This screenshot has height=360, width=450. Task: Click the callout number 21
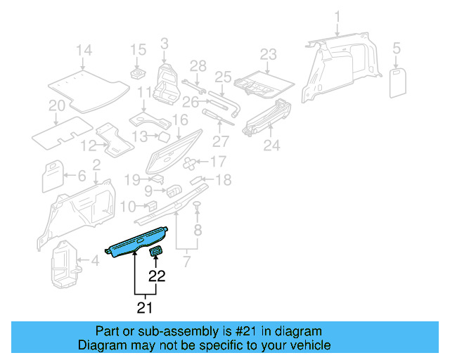pos(144,307)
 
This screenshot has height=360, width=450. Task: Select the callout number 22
pos(156,276)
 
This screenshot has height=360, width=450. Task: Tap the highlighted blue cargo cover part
pos(137,243)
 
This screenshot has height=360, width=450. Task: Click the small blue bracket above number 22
pos(157,252)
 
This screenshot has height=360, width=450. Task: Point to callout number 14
pos(84,50)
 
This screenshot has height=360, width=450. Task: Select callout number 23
pos(269,54)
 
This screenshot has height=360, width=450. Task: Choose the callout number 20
pos(57,106)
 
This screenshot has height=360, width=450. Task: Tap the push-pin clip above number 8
pos(198,205)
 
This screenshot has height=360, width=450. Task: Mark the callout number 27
pos(220,140)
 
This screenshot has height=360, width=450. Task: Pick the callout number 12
pos(87,146)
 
